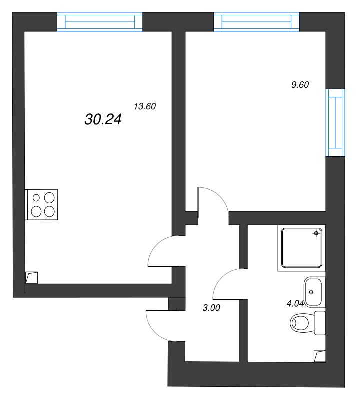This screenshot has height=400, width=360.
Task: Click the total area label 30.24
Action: tap(104, 119)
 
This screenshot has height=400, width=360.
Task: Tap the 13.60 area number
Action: tap(145, 106)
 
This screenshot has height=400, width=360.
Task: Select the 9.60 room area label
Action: tap(300, 85)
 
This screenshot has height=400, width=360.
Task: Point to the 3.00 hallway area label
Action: tap(211, 308)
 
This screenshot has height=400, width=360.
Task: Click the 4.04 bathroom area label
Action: tap(295, 302)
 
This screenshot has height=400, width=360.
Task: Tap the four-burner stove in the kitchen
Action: tap(42, 204)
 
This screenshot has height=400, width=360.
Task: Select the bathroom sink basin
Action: tap(311, 292)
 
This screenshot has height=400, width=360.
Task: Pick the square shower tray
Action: tap(301, 248)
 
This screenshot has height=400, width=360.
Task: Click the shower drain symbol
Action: tap(316, 233)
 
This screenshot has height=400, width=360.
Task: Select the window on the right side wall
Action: tap(335, 122)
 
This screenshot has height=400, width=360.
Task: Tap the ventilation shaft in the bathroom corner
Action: tap(319, 355)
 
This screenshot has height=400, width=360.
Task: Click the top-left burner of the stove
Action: tap(37, 197)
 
